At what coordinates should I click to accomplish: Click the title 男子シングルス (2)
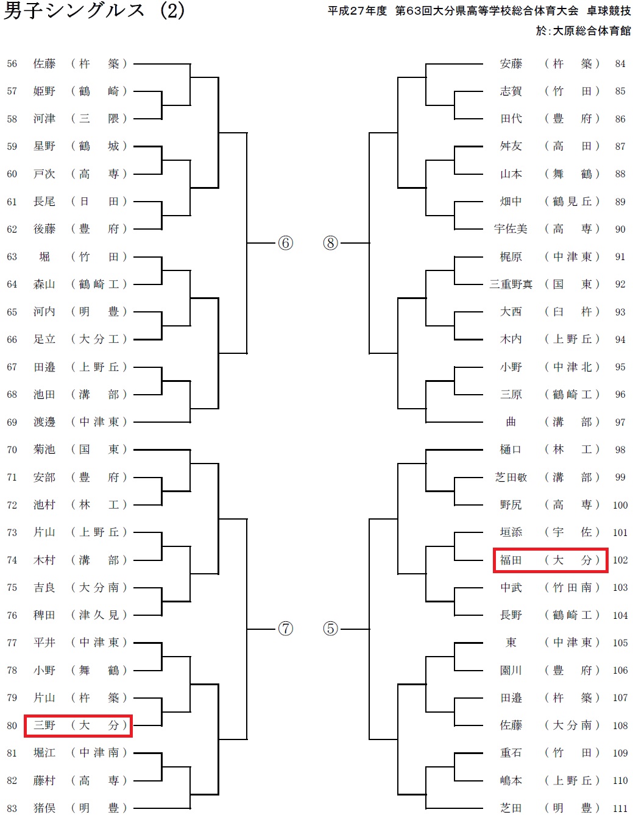[94, 11]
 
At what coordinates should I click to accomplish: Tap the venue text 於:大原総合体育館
[583, 30]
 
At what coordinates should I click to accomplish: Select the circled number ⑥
[285, 243]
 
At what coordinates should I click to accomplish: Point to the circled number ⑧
[330, 243]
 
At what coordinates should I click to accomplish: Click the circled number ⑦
[285, 629]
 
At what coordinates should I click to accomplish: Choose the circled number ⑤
[330, 629]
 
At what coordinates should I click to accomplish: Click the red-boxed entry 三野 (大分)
[78, 725]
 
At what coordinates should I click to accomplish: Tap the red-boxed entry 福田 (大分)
[550, 560]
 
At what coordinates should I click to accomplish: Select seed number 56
[12, 64]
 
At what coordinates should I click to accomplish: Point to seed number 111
[620, 808]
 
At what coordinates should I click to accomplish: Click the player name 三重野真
[511, 284]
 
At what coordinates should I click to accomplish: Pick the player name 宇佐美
[511, 229]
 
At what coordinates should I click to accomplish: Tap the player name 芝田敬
[511, 478]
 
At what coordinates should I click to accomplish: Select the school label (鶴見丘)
[572, 202]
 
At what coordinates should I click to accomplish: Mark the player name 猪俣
[44, 808]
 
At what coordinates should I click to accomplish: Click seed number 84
[620, 64]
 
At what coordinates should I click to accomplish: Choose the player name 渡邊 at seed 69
[44, 422]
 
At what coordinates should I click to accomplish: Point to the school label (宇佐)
[572, 532]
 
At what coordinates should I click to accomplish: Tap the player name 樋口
[511, 450]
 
